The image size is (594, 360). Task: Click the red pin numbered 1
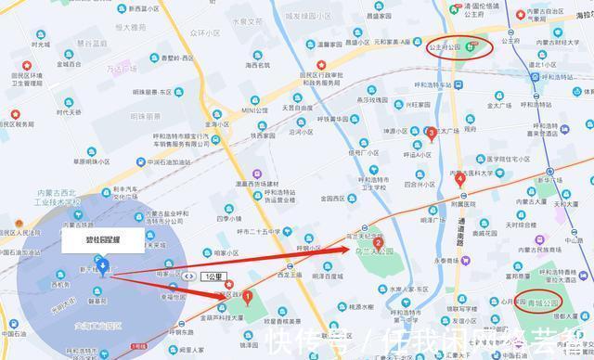click(247, 298)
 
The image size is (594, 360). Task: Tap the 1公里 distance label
click(212, 276)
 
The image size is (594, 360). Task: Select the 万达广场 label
click(120, 68)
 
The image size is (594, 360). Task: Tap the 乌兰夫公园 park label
click(370, 251)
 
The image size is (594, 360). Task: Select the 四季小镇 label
click(228, 219)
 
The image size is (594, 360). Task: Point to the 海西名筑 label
click(257, 65)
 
